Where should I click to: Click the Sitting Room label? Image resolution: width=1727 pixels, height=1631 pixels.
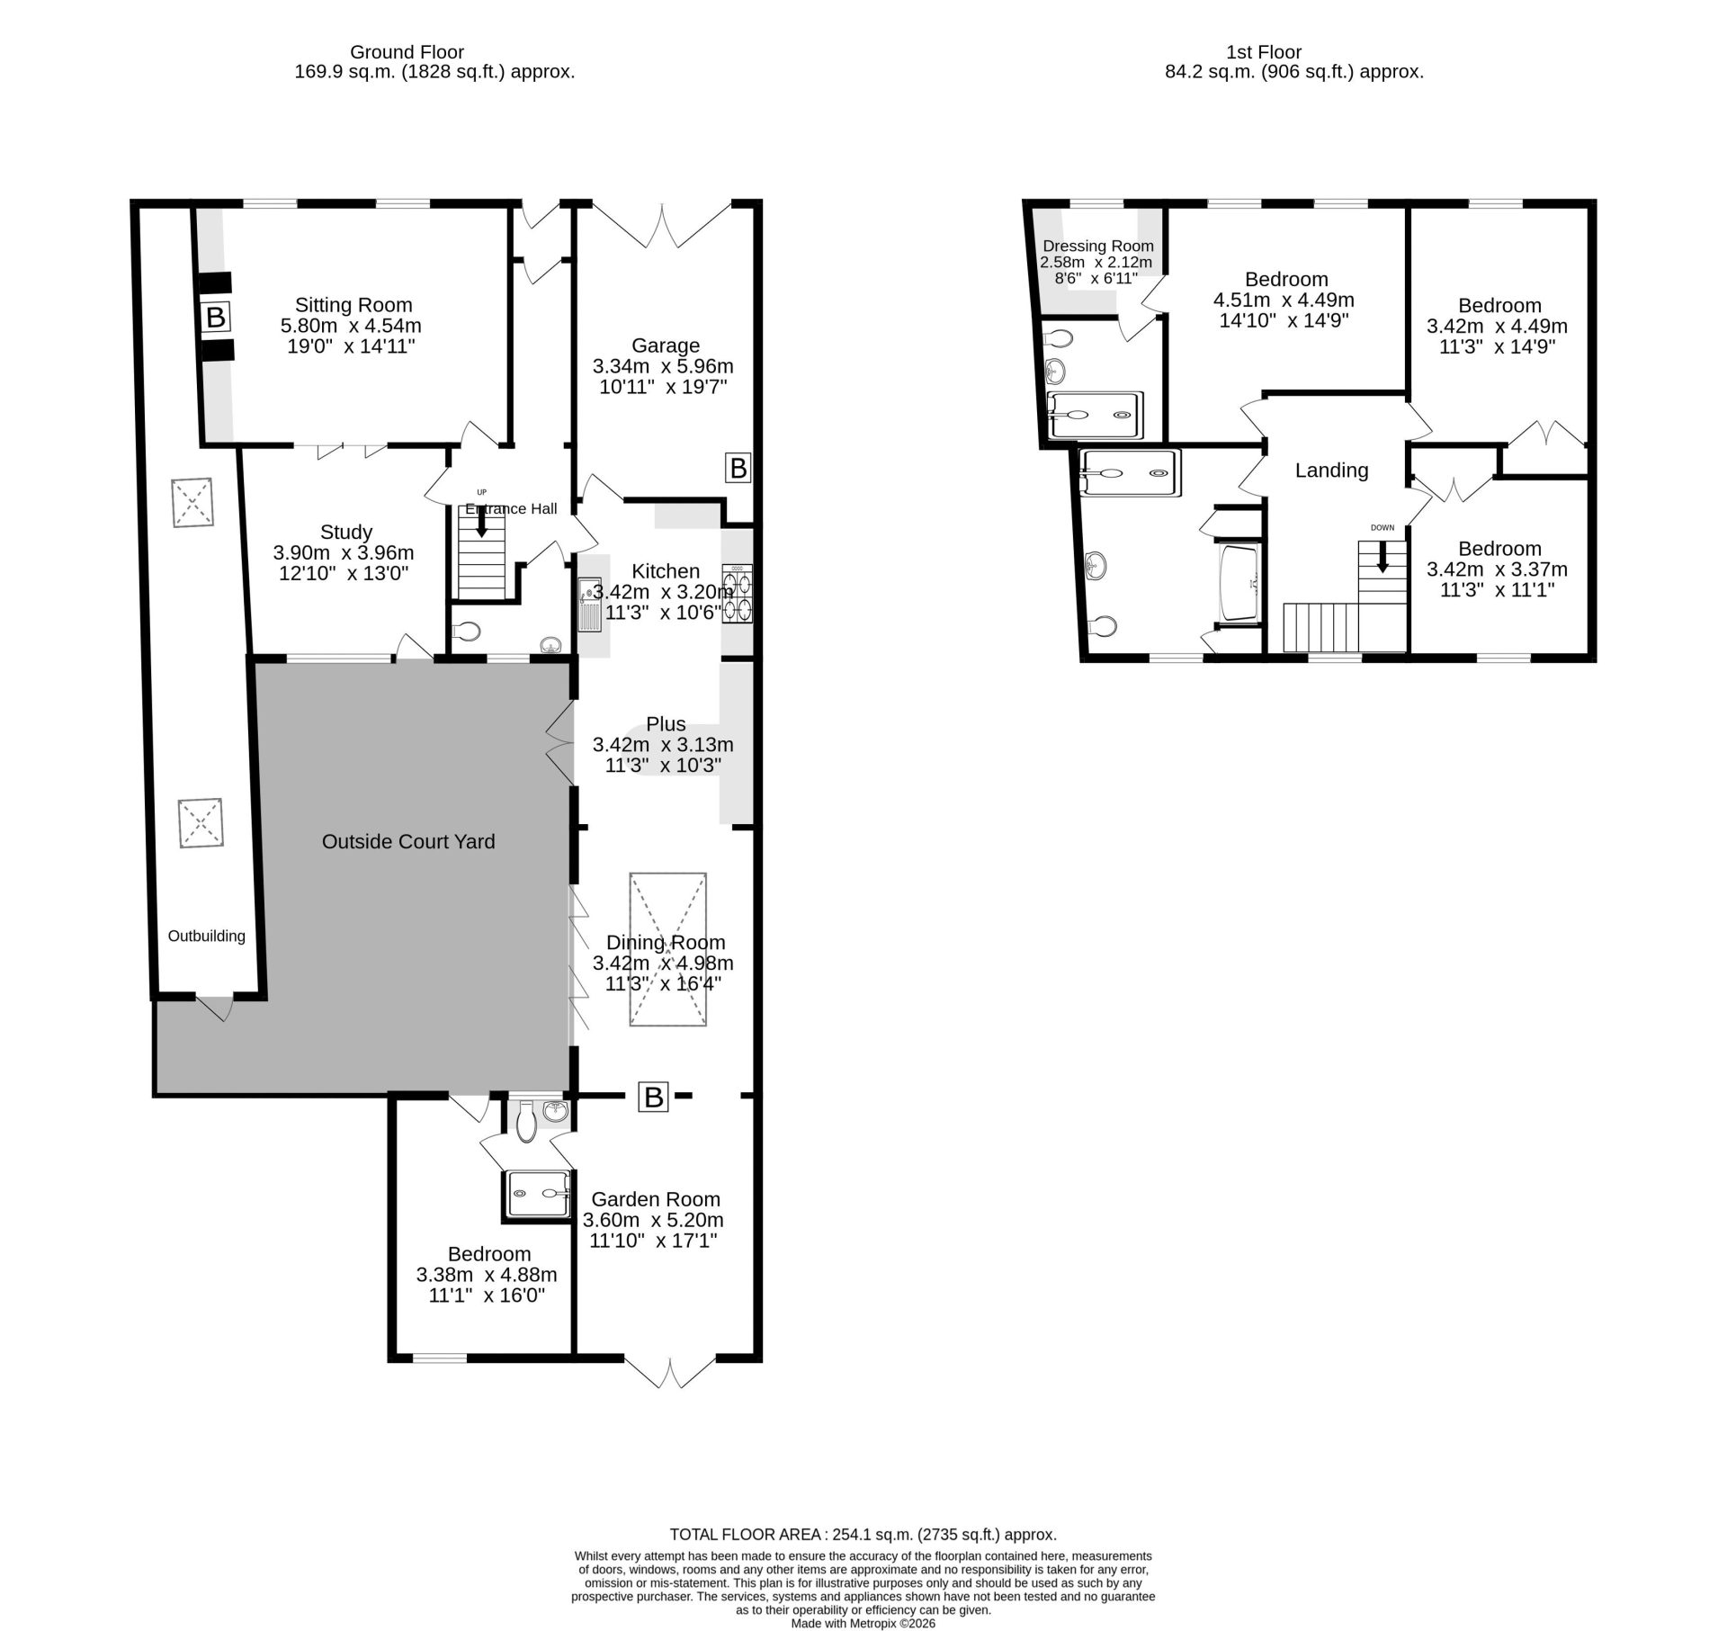click(x=353, y=305)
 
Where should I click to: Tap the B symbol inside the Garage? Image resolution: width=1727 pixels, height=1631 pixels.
click(x=738, y=468)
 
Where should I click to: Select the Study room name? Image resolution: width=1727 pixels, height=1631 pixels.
click(x=345, y=533)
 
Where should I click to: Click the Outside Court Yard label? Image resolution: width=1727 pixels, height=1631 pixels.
click(x=408, y=841)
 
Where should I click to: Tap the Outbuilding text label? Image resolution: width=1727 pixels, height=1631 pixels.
click(x=207, y=936)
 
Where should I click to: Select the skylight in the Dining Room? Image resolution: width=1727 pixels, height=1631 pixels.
click(x=667, y=949)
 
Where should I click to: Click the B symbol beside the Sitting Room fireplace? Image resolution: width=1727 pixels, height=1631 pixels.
click(x=215, y=317)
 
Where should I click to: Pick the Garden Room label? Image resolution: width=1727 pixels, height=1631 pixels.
click(x=656, y=1199)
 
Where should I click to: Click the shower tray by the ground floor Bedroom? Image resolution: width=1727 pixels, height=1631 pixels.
click(x=538, y=1194)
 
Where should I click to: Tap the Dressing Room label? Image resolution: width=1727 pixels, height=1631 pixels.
click(x=1098, y=246)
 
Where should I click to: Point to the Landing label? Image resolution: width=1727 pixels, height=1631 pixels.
click(x=1331, y=470)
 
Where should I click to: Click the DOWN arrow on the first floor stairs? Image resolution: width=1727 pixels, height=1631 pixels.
click(x=1382, y=556)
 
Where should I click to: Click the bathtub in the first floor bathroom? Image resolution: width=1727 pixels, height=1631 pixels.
click(x=1239, y=583)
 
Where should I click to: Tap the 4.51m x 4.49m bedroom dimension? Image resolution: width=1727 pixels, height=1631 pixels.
click(x=1284, y=300)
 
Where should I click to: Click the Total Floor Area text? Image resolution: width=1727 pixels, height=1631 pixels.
click(x=863, y=1534)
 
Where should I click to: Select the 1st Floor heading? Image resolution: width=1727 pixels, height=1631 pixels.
click(x=1264, y=52)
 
